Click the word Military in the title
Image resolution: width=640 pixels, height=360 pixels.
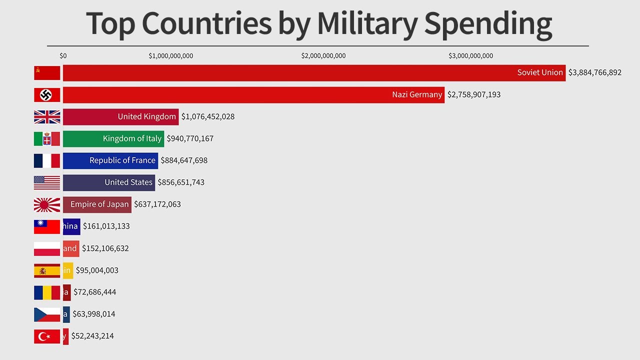367,23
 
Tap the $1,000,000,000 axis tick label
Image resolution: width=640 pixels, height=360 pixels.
171,56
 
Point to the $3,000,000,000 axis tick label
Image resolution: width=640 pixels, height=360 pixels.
470,56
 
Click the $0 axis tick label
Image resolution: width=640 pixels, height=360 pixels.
63,56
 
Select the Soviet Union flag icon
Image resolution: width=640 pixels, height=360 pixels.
47,73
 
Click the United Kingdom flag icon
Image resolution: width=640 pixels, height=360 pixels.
47,117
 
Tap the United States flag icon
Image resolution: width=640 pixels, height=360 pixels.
47,182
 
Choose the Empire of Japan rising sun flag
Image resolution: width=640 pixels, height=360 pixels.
47,204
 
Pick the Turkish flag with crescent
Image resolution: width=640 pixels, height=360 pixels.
47,336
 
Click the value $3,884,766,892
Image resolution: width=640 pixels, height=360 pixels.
595,72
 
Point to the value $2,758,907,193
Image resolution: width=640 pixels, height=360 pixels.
473,94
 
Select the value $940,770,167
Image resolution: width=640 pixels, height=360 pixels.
190,138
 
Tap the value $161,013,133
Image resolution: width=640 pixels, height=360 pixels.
106,226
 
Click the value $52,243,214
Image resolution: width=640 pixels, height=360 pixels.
92,336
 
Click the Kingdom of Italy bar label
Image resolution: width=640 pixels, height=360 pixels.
132,138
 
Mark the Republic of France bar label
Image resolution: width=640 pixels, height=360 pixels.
122,160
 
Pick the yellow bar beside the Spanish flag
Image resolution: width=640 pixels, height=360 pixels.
68,270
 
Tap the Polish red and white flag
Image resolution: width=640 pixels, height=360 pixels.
47,248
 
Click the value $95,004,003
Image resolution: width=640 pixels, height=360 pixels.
97,270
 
